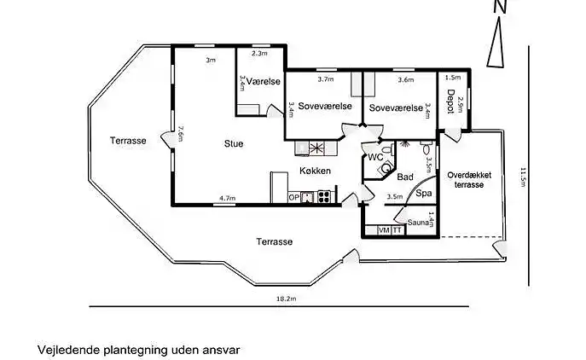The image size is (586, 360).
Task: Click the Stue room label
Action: click(x=233, y=144)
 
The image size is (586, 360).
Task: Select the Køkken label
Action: click(x=314, y=171)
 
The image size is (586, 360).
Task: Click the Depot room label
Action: click(x=450, y=102)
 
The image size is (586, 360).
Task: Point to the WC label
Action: click(x=375, y=157)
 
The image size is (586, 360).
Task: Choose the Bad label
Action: click(x=405, y=177)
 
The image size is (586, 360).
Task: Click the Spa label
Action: click(x=424, y=194)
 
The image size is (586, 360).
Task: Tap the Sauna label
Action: click(x=418, y=223)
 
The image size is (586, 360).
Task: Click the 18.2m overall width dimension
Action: click(x=286, y=299)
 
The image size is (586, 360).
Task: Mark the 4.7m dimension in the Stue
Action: click(x=227, y=198)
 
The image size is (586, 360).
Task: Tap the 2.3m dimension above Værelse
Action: click(x=259, y=54)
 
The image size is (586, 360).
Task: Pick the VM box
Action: click(x=383, y=230)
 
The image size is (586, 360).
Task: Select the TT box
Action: click(x=397, y=230)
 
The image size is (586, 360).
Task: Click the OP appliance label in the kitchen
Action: click(x=294, y=197)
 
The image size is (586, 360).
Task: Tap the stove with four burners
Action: click(x=324, y=196)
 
